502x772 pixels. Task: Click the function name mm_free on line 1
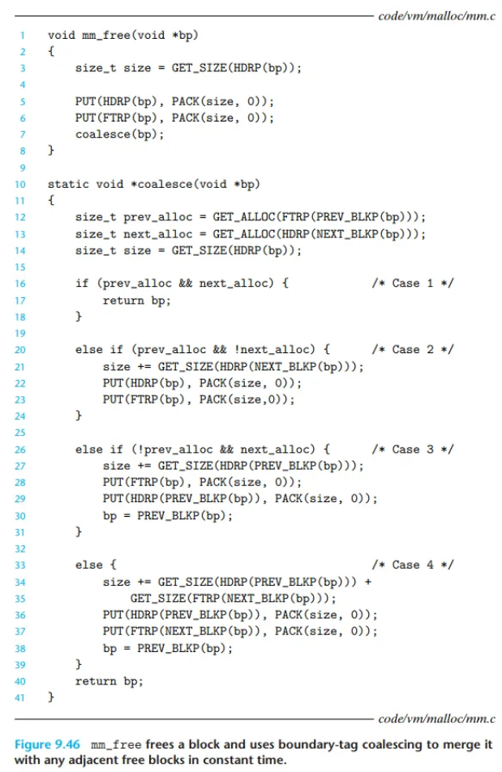(x=104, y=36)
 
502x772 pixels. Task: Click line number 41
(x=22, y=697)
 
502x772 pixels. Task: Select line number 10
(x=22, y=184)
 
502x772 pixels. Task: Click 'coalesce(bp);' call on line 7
(x=119, y=134)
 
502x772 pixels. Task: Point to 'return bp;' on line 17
(x=136, y=300)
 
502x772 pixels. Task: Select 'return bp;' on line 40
(x=109, y=680)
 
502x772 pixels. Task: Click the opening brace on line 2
(x=51, y=52)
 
